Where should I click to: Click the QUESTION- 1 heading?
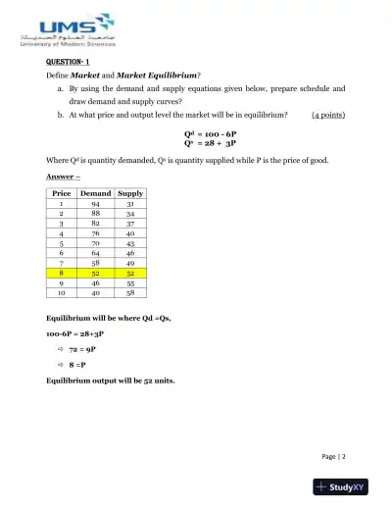pyautogui.click(x=69, y=62)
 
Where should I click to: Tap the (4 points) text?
pyautogui.click(x=327, y=114)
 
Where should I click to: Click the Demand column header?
pyautogui.click(x=95, y=193)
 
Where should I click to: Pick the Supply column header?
pyautogui.click(x=130, y=193)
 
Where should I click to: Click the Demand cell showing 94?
pyautogui.click(x=95, y=204)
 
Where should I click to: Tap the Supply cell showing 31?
pyautogui.click(x=130, y=204)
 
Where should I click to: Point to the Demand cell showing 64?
pyautogui.click(x=95, y=254)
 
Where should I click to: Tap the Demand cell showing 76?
pyautogui.click(x=95, y=234)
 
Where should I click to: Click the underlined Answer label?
pyautogui.click(x=63, y=176)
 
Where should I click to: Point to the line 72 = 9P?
pyautogui.click(x=86, y=348)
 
